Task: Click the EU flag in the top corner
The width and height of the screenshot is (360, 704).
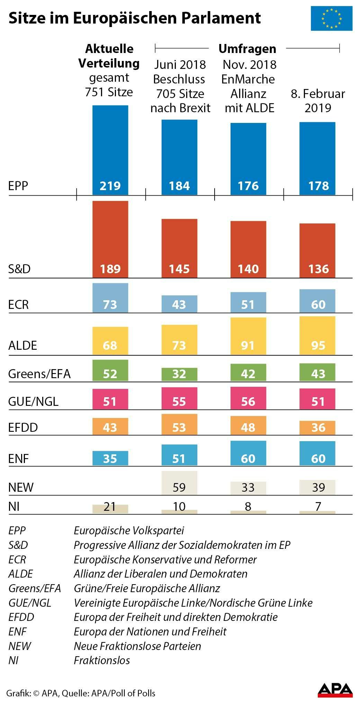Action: [331, 18]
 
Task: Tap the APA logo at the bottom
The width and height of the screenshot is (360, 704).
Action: [335, 690]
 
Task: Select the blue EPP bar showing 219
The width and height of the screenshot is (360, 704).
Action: [110, 150]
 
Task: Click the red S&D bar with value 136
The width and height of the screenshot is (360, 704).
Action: [317, 250]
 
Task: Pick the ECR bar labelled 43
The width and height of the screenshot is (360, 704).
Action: [179, 304]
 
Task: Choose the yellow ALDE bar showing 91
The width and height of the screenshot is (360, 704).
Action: [248, 336]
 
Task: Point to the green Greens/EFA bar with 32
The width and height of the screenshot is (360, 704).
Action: [179, 374]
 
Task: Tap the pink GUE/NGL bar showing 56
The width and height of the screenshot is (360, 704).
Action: [248, 398]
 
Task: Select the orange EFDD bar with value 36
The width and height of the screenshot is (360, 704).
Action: [317, 428]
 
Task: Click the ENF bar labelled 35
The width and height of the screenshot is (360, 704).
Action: [110, 458]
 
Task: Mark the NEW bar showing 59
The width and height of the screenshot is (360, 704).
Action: [179, 483]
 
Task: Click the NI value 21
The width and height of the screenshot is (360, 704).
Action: [110, 507]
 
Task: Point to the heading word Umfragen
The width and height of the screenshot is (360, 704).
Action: [247, 49]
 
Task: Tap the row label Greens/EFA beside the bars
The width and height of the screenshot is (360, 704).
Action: [39, 374]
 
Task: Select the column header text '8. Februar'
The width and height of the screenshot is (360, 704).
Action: [318, 94]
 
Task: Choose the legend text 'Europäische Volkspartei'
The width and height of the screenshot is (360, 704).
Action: [129, 531]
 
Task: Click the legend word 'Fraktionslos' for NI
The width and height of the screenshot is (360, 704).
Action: [102, 660]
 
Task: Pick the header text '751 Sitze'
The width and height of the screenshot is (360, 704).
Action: [109, 92]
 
